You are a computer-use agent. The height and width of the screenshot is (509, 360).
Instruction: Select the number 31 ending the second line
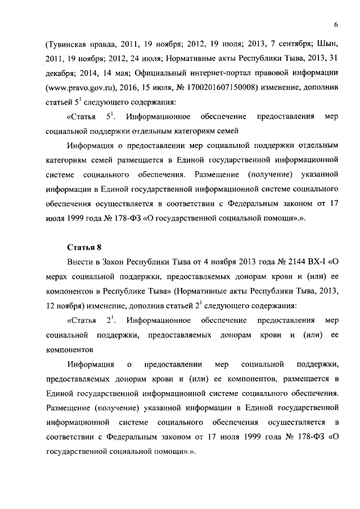pos(333,58)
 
